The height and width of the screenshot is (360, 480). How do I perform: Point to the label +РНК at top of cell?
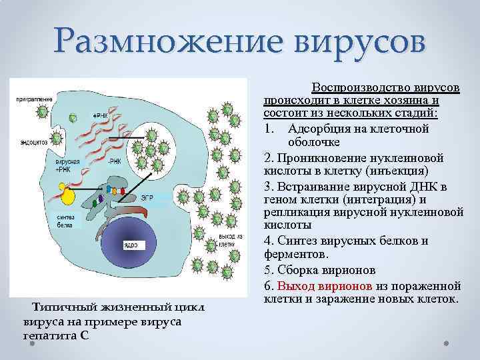coord(100,115)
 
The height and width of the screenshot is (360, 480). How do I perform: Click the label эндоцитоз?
coord(33,142)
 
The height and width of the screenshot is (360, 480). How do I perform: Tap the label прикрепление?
coord(34,99)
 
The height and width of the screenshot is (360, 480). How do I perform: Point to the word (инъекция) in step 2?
coord(404,171)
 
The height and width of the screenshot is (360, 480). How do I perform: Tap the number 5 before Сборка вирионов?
coord(268,270)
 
